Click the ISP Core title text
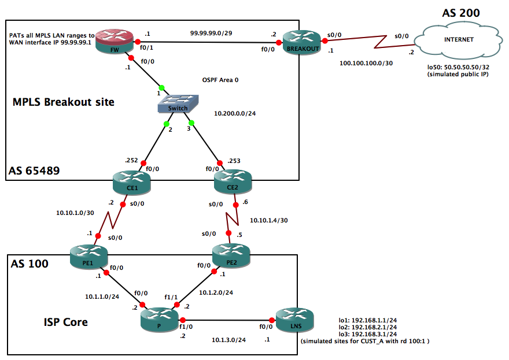(66, 321)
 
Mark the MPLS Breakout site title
(64, 102)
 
